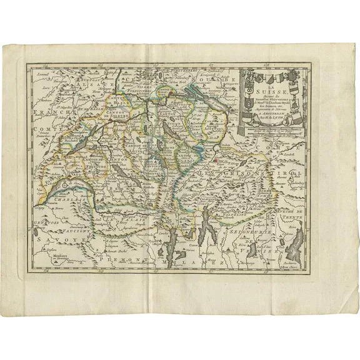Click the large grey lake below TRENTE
[x=298, y=241]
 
